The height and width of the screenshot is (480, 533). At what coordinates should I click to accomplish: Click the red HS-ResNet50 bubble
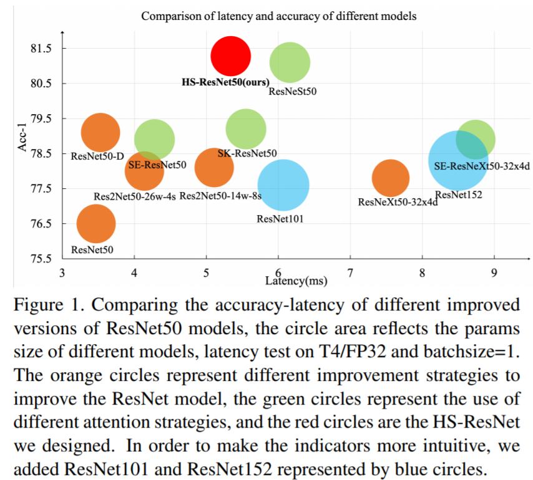click(230, 56)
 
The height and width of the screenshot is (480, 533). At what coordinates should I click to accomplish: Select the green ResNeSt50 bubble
click(290, 62)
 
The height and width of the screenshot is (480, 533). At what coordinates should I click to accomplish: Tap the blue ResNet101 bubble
click(283, 185)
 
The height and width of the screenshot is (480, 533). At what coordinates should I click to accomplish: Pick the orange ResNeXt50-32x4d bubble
click(391, 178)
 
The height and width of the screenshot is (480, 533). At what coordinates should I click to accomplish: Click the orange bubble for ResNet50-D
click(100, 132)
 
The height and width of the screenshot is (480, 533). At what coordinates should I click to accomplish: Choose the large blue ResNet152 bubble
click(458, 161)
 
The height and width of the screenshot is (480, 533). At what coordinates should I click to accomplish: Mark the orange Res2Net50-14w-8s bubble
click(214, 167)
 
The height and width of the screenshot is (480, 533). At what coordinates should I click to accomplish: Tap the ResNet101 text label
click(280, 218)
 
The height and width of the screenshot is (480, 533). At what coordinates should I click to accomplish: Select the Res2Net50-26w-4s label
click(134, 196)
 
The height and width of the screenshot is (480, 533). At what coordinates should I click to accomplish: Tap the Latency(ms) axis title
click(296, 281)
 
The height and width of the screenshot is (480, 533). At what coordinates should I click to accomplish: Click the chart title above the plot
click(278, 16)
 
